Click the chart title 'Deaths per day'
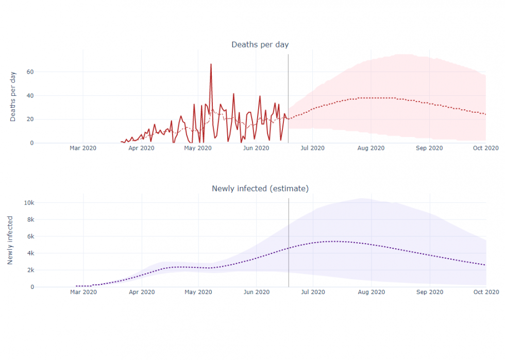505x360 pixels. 260,45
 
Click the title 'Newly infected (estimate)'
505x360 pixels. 260,188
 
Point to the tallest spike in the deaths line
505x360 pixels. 211,64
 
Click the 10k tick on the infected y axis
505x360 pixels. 29,202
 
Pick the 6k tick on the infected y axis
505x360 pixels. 30,236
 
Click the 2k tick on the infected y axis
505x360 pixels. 30,270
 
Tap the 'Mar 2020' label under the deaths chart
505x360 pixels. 83,148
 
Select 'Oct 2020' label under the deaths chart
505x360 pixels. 486,148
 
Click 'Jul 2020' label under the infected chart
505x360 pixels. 313,292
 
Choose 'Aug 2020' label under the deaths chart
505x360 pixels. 371,148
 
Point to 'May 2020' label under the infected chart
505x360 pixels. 198,292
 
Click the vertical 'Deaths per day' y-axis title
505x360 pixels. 13,96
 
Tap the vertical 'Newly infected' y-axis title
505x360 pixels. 10,241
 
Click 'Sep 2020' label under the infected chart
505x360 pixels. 429,292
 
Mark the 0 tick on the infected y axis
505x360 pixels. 32,287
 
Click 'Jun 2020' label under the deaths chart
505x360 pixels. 256,148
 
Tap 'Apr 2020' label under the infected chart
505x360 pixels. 141,292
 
